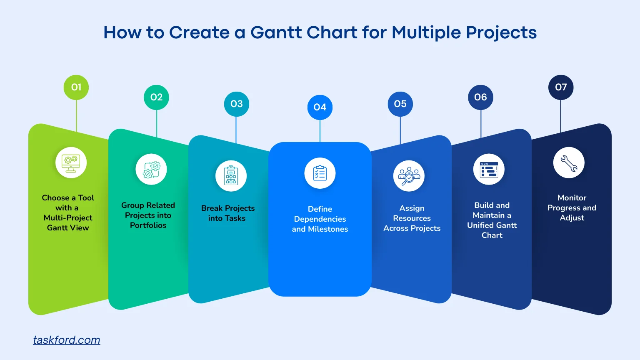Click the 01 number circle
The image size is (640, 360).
(x=76, y=87)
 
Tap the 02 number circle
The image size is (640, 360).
(x=156, y=97)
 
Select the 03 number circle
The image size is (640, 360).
(x=236, y=104)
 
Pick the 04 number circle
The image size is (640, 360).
(x=320, y=107)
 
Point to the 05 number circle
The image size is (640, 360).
(x=400, y=104)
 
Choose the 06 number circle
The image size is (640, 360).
(x=480, y=97)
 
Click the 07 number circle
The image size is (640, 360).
(x=561, y=87)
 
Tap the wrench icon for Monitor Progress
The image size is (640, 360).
(x=569, y=163)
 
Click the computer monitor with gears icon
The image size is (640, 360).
(x=71, y=163)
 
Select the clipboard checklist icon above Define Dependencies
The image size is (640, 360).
(x=320, y=173)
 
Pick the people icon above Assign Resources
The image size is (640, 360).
(x=409, y=176)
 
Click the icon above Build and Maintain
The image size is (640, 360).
(x=489, y=170)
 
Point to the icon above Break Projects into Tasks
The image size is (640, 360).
(x=231, y=176)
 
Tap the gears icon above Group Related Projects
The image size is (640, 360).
(x=151, y=170)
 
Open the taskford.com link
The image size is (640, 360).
(x=67, y=340)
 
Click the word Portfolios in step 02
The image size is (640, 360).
(x=148, y=225)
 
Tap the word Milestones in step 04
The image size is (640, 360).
(x=328, y=229)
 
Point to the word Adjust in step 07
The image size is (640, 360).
(x=572, y=218)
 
